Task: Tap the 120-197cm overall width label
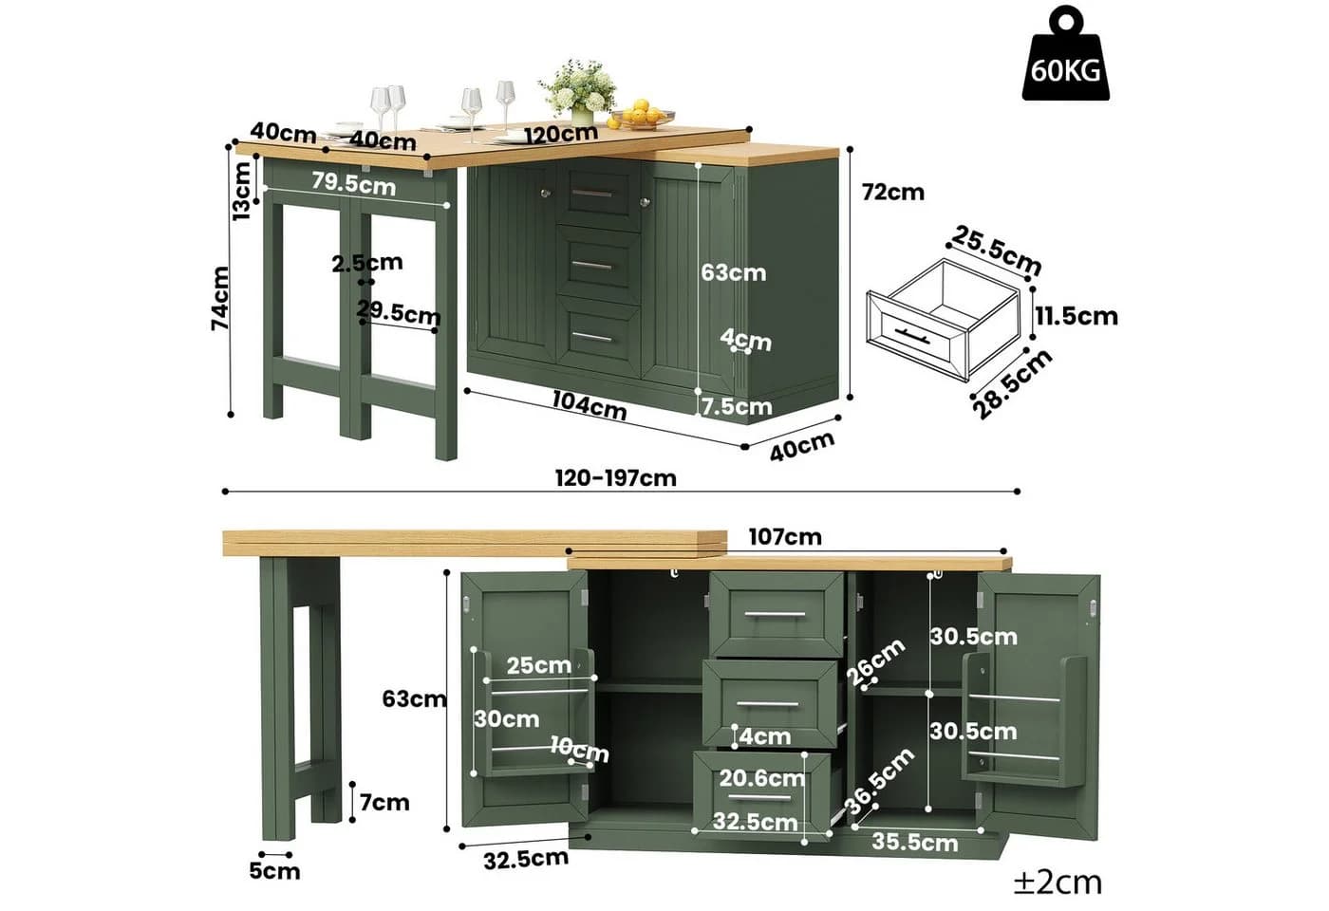(615, 478)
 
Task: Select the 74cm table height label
(220, 298)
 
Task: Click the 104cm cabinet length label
(590, 405)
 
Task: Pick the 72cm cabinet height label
(893, 192)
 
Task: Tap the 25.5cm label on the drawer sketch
(996, 251)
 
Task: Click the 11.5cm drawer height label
(1076, 316)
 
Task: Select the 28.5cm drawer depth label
(1012, 383)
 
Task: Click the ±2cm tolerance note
(1058, 883)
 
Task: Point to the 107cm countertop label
(785, 537)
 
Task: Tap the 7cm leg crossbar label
(384, 803)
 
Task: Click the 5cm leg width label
(274, 871)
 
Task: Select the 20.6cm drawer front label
(761, 778)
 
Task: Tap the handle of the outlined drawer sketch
(913, 335)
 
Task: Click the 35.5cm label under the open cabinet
(915, 843)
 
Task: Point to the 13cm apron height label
(241, 191)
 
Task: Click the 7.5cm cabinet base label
(737, 407)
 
